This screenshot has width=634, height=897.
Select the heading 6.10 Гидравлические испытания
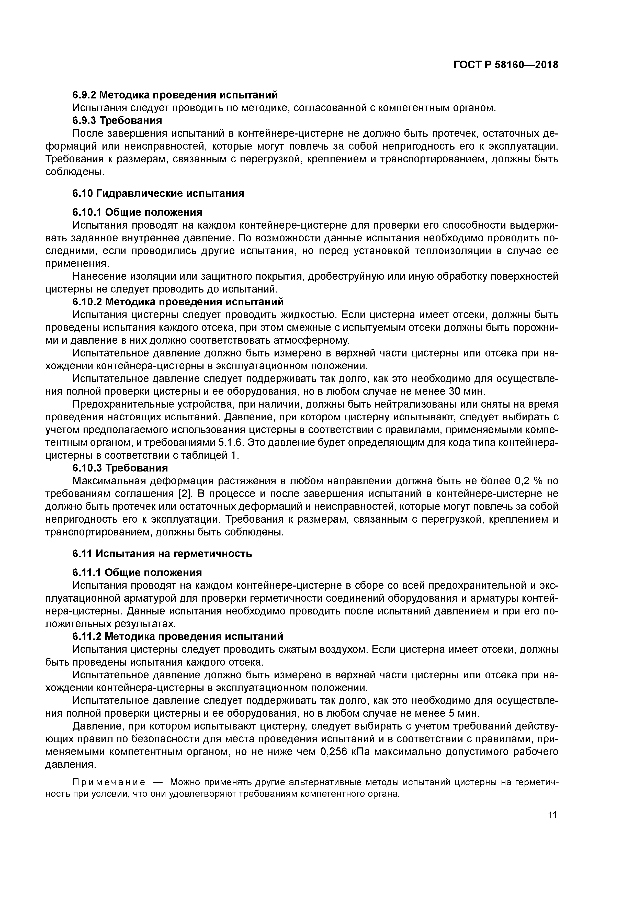158,193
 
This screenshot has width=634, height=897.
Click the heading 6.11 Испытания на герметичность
162,554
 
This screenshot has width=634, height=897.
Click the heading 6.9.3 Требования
117,120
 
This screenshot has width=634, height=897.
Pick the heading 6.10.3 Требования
120,468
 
